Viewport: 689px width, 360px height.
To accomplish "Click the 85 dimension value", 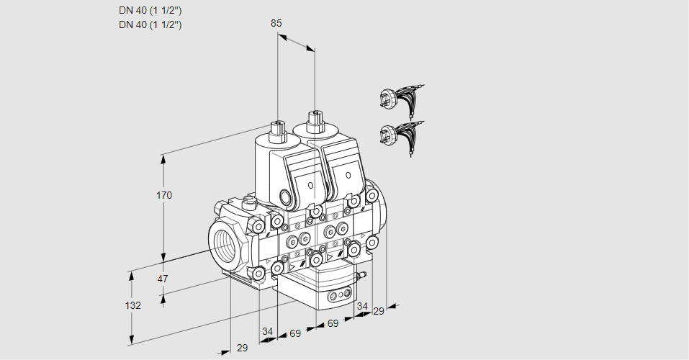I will tap(276, 23).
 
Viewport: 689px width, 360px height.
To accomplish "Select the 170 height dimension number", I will tap(165, 195).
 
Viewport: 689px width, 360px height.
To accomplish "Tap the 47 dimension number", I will tap(163, 279).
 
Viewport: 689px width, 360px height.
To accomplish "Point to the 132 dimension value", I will tap(132, 305).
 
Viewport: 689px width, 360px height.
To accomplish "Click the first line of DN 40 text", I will tap(150, 10).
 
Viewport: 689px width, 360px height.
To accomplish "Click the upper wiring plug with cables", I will tap(400, 99).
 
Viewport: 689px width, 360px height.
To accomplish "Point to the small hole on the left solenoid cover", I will tap(311, 185).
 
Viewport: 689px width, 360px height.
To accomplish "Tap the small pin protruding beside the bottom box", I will tap(363, 275).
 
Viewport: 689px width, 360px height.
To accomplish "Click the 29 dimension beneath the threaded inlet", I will tap(242, 348).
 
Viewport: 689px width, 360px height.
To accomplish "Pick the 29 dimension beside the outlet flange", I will tap(378, 311).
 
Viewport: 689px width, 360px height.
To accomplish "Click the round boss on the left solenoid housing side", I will tap(286, 198).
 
